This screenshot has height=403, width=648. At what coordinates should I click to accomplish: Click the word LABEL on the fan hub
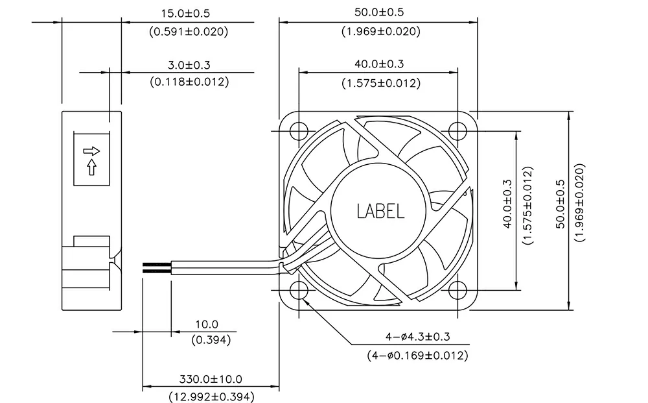(x=380, y=211)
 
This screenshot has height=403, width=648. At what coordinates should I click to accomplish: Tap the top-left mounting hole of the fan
(x=299, y=131)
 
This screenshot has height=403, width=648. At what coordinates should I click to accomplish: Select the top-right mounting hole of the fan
(x=457, y=131)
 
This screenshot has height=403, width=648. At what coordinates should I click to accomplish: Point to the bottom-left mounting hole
(x=299, y=290)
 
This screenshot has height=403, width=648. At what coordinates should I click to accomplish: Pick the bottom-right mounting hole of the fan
(x=457, y=290)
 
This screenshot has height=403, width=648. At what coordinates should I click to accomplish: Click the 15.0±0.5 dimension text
(x=185, y=13)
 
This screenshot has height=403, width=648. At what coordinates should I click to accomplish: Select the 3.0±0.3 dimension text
(x=189, y=65)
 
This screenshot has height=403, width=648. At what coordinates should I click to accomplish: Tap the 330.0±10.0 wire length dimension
(x=211, y=379)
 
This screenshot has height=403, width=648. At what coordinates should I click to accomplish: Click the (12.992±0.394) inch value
(x=212, y=397)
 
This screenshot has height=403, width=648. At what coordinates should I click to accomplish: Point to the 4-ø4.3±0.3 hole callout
(x=418, y=336)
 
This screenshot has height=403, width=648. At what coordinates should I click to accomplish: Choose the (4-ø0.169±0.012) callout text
(x=418, y=355)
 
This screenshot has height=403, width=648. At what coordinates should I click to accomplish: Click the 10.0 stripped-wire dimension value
(x=207, y=324)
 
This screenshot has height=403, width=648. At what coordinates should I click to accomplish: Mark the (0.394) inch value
(x=211, y=340)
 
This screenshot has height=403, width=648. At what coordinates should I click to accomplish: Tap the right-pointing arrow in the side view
(x=91, y=151)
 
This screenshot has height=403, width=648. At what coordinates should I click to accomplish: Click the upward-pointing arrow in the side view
(x=92, y=167)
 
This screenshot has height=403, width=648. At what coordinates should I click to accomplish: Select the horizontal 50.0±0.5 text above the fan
(x=379, y=12)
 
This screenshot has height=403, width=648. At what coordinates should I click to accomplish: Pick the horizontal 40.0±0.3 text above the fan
(x=379, y=64)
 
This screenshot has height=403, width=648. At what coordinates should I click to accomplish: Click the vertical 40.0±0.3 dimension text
(x=507, y=204)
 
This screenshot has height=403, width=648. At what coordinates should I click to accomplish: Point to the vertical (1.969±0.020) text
(x=580, y=202)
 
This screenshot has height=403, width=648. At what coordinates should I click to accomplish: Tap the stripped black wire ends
(x=157, y=268)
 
